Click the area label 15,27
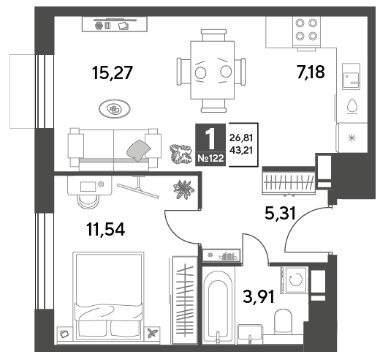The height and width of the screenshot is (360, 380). coord(113,72)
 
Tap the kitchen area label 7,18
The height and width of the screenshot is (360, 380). coord(311,72)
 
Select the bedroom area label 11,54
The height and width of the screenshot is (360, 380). coord(106,230)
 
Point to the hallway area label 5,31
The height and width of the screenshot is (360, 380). coord(280,213)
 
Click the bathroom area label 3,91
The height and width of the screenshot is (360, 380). coord(259,296)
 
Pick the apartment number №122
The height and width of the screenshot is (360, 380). coord(210,158)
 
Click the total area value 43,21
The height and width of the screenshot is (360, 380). coord(241,150)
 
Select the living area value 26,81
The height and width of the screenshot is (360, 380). coord(241,138)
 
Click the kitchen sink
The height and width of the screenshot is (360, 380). coord(351,77)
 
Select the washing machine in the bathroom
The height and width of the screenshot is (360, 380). coord(294,280)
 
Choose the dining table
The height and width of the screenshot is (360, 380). coord(213,70)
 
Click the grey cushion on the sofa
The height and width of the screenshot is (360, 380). coord(138,151)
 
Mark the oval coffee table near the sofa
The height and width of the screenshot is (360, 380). coord(115,109)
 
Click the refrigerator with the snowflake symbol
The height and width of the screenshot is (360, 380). coord(351,138)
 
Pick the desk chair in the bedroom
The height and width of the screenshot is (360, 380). coord(88,201)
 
